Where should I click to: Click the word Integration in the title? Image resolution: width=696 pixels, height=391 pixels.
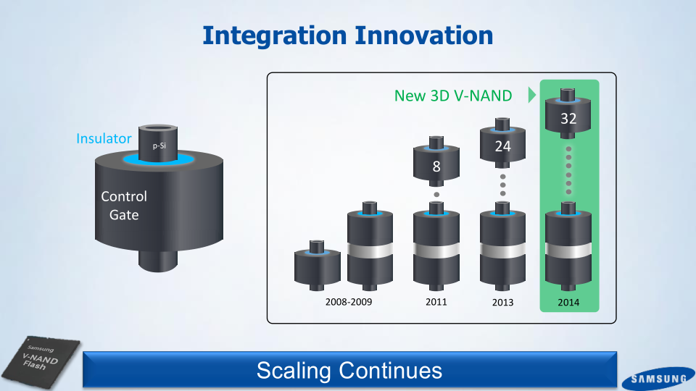[274, 36]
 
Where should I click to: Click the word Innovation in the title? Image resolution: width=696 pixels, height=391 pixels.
[424, 35]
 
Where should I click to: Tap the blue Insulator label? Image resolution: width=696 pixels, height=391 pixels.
[104, 138]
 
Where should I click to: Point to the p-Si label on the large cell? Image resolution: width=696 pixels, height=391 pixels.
[159, 146]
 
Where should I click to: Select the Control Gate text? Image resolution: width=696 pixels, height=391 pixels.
[124, 205]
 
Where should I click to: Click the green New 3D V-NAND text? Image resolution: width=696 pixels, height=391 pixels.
[453, 96]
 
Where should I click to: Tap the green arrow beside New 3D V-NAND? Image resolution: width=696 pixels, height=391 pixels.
[531, 95]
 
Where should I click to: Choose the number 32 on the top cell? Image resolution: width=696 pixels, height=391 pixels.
[568, 119]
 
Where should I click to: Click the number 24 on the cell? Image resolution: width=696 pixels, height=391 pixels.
[502, 146]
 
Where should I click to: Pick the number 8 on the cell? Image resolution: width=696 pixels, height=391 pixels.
[436, 167]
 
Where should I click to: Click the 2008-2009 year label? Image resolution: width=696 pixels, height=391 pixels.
[349, 302]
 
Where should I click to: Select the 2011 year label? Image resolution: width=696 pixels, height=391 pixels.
[436, 302]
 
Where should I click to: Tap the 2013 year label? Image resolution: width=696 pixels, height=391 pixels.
[502, 303]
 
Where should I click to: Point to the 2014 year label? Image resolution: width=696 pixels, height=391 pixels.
[568, 303]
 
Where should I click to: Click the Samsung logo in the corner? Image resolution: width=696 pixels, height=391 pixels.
[658, 379]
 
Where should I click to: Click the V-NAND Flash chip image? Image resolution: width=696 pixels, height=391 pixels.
[41, 361]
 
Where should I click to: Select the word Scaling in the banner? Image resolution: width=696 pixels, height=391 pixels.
[294, 371]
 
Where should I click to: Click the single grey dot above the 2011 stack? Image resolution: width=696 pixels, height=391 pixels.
[436, 195]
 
